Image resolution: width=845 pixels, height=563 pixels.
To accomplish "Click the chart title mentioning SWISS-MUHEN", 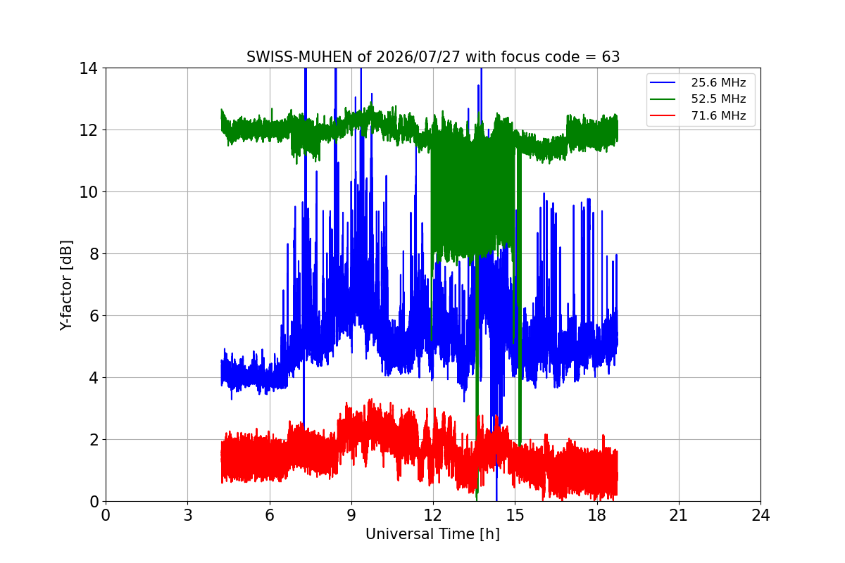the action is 433,57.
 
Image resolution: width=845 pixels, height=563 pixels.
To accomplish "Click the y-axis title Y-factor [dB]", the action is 66,285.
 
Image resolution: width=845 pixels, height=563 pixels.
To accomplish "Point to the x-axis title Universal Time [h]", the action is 432,534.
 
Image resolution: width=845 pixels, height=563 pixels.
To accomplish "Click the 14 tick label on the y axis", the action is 88,68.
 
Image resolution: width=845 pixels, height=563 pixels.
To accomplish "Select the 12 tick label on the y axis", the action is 88,130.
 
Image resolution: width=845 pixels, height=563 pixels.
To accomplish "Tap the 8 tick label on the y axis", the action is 94,254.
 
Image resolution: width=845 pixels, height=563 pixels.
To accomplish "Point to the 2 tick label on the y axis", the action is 94,440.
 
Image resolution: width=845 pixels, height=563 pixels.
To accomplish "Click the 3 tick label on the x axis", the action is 188,515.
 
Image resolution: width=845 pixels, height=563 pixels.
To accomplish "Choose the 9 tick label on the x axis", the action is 351,515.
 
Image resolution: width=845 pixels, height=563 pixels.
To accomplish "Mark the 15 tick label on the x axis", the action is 515,515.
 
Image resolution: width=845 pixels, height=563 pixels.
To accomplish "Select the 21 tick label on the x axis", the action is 679,515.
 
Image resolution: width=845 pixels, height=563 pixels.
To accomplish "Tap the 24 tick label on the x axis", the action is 761,515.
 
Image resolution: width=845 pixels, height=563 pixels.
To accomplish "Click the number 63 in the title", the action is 611,57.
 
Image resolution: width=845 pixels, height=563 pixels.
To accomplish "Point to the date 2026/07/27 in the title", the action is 418,57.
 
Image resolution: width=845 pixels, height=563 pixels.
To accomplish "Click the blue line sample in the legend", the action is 663,82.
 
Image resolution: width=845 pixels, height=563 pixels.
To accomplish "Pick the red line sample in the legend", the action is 663,115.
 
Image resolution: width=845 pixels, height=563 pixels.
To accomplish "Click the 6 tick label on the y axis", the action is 94,315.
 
